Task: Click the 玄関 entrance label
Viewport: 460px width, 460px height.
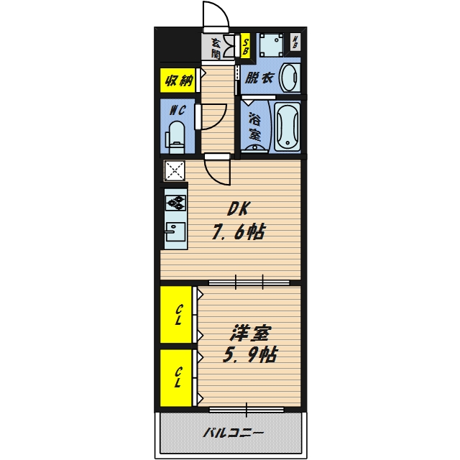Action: (216, 48)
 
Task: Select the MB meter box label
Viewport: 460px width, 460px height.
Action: (295, 42)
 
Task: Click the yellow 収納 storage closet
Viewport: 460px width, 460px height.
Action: (178, 80)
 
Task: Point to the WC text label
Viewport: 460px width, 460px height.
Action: (178, 110)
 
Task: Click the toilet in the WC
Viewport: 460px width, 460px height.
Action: (177, 137)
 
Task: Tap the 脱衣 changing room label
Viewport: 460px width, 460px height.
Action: (259, 78)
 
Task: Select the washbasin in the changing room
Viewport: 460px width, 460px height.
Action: (290, 78)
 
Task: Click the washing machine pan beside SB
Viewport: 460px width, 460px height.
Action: (272, 45)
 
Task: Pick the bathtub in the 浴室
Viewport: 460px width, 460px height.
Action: (287, 126)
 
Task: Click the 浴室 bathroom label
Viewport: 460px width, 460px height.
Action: (254, 126)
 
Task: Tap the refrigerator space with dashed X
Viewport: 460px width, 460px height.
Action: (175, 171)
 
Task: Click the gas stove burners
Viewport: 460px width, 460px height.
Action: (175, 203)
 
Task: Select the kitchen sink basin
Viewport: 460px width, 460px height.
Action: (175, 231)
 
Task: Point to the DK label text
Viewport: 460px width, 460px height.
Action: (239, 209)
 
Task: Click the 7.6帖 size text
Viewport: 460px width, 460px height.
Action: (239, 231)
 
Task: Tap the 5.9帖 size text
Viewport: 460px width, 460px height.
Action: (250, 354)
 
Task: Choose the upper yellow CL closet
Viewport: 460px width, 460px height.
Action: (176, 315)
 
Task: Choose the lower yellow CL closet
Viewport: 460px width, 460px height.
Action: (176, 378)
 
